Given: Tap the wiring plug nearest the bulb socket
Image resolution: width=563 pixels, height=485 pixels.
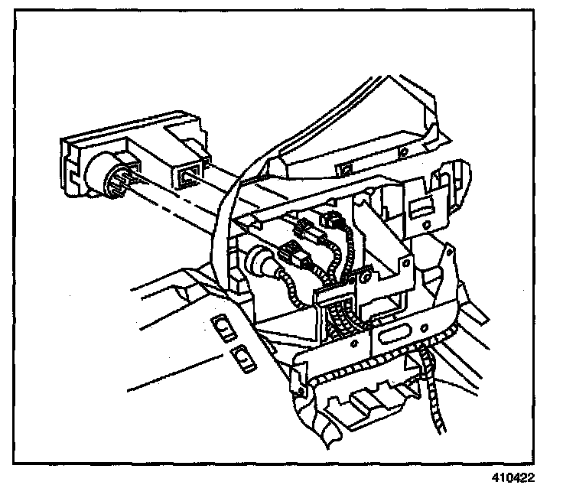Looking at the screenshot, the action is [290, 250].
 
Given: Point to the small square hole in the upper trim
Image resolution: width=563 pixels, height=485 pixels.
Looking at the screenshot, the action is [345, 166].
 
